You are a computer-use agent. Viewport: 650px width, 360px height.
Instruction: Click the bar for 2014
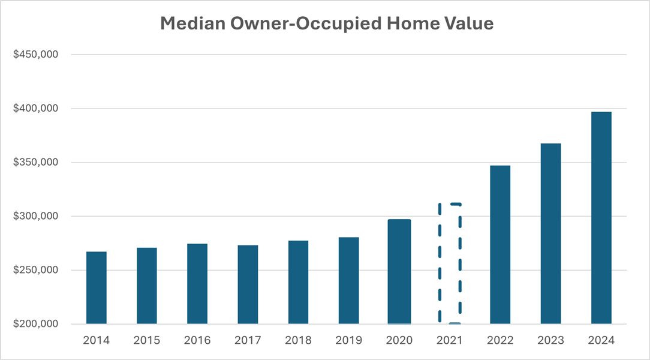coord(97,288)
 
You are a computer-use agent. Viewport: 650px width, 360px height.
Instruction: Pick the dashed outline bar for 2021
coord(450,264)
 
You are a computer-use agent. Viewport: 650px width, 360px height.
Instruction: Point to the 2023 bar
coord(550,234)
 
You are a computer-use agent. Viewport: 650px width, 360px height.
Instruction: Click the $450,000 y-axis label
coord(35,55)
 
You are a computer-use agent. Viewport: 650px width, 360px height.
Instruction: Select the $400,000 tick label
coord(35,109)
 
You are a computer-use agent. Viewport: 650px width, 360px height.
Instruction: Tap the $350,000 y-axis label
coord(35,163)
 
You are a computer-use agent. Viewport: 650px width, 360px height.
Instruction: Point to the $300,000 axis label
coord(35,216)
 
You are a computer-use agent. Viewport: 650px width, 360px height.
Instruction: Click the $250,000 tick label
coord(35,270)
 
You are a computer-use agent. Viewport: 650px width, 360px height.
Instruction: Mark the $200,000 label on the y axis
coord(35,324)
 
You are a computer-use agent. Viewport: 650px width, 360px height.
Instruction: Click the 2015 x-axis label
coord(147,340)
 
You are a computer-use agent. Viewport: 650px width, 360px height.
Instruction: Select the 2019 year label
coord(348,340)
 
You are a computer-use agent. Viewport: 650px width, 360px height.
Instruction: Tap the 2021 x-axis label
coord(450,340)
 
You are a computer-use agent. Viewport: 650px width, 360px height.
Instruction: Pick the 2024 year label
coord(601,340)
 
